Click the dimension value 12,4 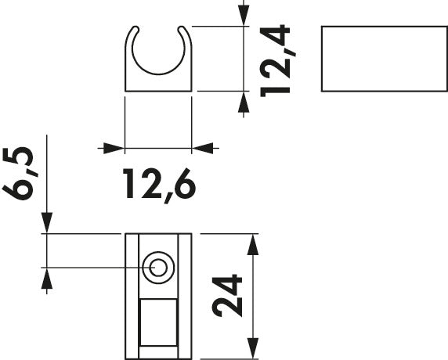277,59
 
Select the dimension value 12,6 159,184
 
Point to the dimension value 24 228,295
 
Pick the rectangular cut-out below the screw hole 158,321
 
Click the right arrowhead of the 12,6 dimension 202,147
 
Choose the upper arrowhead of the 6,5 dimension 47,223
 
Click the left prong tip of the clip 132,32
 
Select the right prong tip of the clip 186,32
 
